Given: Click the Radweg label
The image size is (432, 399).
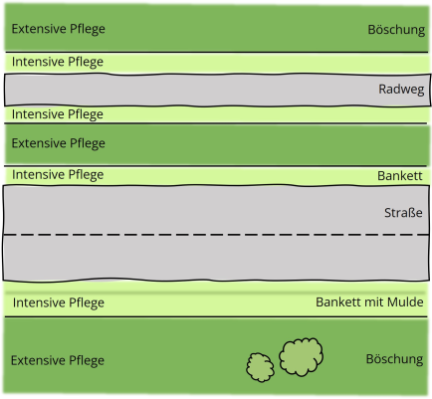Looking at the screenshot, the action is pyautogui.click(x=401, y=90).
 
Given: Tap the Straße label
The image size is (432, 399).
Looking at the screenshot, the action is pyautogui.click(x=403, y=213).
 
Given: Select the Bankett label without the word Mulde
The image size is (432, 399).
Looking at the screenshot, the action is pyautogui.click(x=400, y=176).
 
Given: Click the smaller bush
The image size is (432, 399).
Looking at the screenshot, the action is pyautogui.click(x=260, y=367).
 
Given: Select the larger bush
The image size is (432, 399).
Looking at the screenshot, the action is pyautogui.click(x=301, y=357).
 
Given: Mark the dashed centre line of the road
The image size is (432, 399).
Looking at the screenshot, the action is pyautogui.click(x=216, y=235).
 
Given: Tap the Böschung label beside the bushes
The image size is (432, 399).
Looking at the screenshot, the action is pyautogui.click(x=394, y=359).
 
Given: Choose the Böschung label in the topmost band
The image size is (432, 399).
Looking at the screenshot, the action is pyautogui.click(x=396, y=30).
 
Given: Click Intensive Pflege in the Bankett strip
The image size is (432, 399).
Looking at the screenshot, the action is pyautogui.click(x=58, y=175).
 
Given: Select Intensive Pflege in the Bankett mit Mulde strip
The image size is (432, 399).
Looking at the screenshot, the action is pyautogui.click(x=59, y=302).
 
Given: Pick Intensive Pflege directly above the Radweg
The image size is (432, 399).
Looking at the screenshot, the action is pyautogui.click(x=58, y=62).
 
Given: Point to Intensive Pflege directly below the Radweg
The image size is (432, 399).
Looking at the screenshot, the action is pyautogui.click(x=58, y=114).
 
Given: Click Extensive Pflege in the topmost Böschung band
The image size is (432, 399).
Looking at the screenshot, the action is pyautogui.click(x=59, y=29).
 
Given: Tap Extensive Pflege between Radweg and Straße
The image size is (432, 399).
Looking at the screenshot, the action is pyautogui.click(x=59, y=143).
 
